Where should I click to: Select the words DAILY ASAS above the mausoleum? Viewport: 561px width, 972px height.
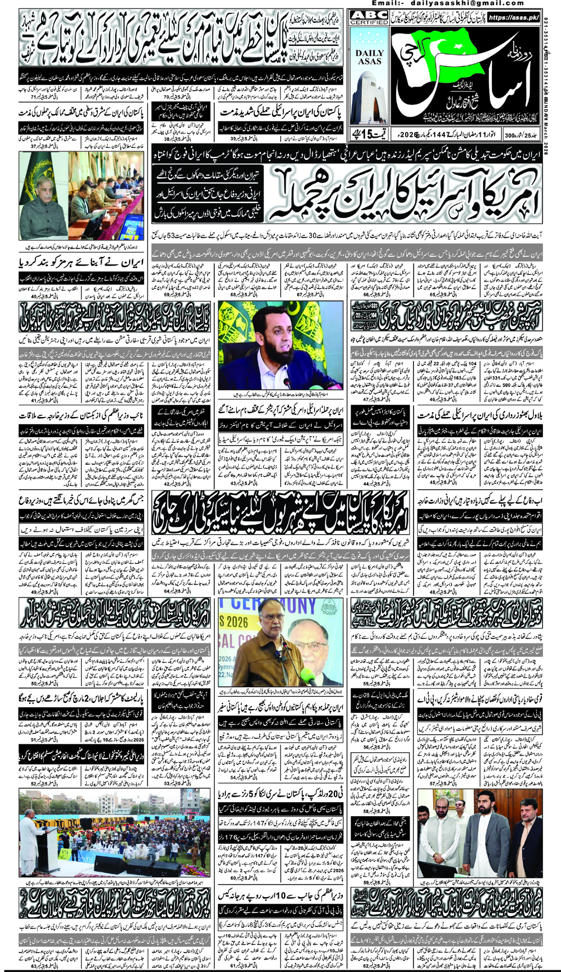point(369,56)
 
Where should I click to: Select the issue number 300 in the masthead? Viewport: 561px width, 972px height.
point(509,135)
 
